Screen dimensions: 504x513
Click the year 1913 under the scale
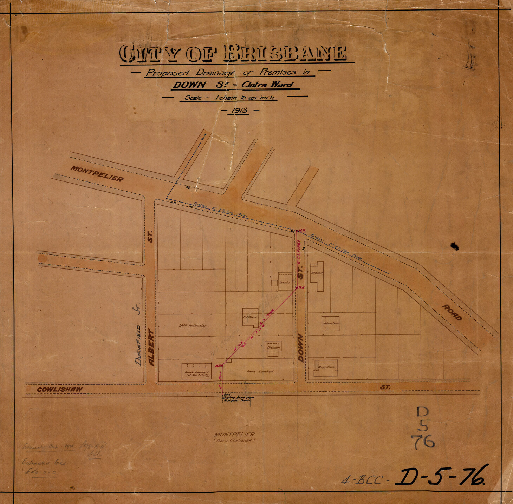pyautogui.click(x=239, y=110)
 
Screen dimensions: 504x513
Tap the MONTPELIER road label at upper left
pyautogui.click(x=97, y=173)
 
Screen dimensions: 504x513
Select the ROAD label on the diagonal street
pyautogui.click(x=452, y=312)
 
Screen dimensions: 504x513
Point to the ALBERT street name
pyautogui.click(x=151, y=347)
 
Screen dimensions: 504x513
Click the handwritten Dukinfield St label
pyautogui.click(x=137, y=335)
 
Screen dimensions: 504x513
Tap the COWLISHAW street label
pyautogui.click(x=60, y=389)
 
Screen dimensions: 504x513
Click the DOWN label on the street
pyautogui.click(x=301, y=348)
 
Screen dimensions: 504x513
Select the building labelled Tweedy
pyautogui.click(x=285, y=281)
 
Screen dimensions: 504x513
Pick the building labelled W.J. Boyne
pyautogui.click(x=251, y=317)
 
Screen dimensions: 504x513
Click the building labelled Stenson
pyautogui.click(x=273, y=348)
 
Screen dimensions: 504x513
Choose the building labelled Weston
pyautogui.click(x=317, y=275)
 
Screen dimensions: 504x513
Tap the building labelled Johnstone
pyautogui.click(x=330, y=323)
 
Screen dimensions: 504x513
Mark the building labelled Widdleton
pyautogui.click(x=326, y=367)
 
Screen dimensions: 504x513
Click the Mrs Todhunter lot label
pyautogui.click(x=192, y=325)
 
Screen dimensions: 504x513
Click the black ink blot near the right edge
pyautogui.click(x=455, y=246)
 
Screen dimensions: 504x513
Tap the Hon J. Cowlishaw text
pyautogui.click(x=234, y=440)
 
